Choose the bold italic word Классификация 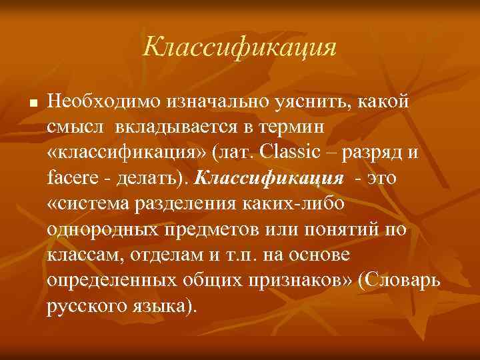tap(270, 179)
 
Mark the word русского tap(87, 306)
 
